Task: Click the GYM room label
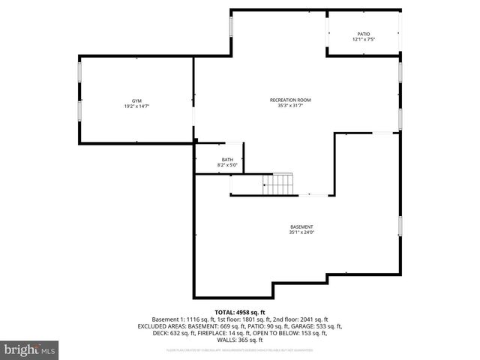[136, 100]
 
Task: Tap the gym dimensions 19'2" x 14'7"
[136, 106]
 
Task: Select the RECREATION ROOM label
[290, 100]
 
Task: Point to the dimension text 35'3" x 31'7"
[290, 106]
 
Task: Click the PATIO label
[363, 34]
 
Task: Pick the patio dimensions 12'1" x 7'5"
[363, 40]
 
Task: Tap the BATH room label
[226, 159]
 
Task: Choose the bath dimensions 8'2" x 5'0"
[226, 164]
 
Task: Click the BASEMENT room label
[301, 226]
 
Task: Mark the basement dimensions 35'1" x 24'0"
[301, 232]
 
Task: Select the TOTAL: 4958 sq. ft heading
[240, 312]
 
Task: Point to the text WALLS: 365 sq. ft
[240, 340]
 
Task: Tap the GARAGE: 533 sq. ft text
[319, 326]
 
